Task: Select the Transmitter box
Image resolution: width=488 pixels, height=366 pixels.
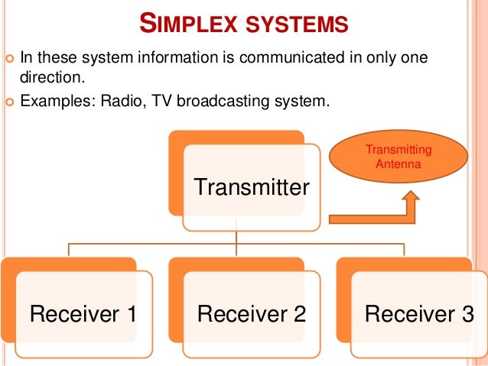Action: (x=251, y=186)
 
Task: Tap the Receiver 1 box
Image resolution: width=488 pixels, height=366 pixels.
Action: (x=84, y=313)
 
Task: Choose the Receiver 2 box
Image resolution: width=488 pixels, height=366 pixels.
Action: (x=252, y=313)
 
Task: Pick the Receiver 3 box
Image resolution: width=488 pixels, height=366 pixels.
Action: (x=419, y=313)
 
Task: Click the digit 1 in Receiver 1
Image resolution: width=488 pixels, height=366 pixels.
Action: (x=131, y=313)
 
